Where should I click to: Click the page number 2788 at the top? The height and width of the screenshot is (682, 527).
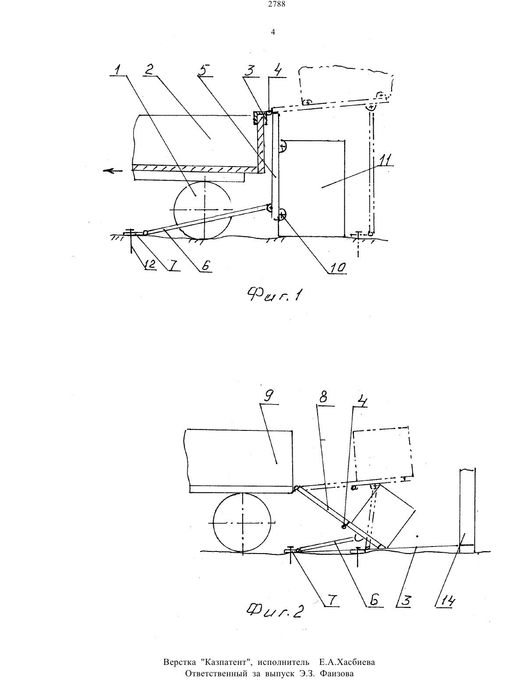[x=276, y=4]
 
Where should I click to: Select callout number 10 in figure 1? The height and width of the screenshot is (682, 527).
[x=338, y=267]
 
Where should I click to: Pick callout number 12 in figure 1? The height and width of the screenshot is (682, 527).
[x=150, y=264]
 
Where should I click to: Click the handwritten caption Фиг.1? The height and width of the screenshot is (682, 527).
[x=275, y=295]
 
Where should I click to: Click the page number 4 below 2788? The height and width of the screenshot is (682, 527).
[x=273, y=32]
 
